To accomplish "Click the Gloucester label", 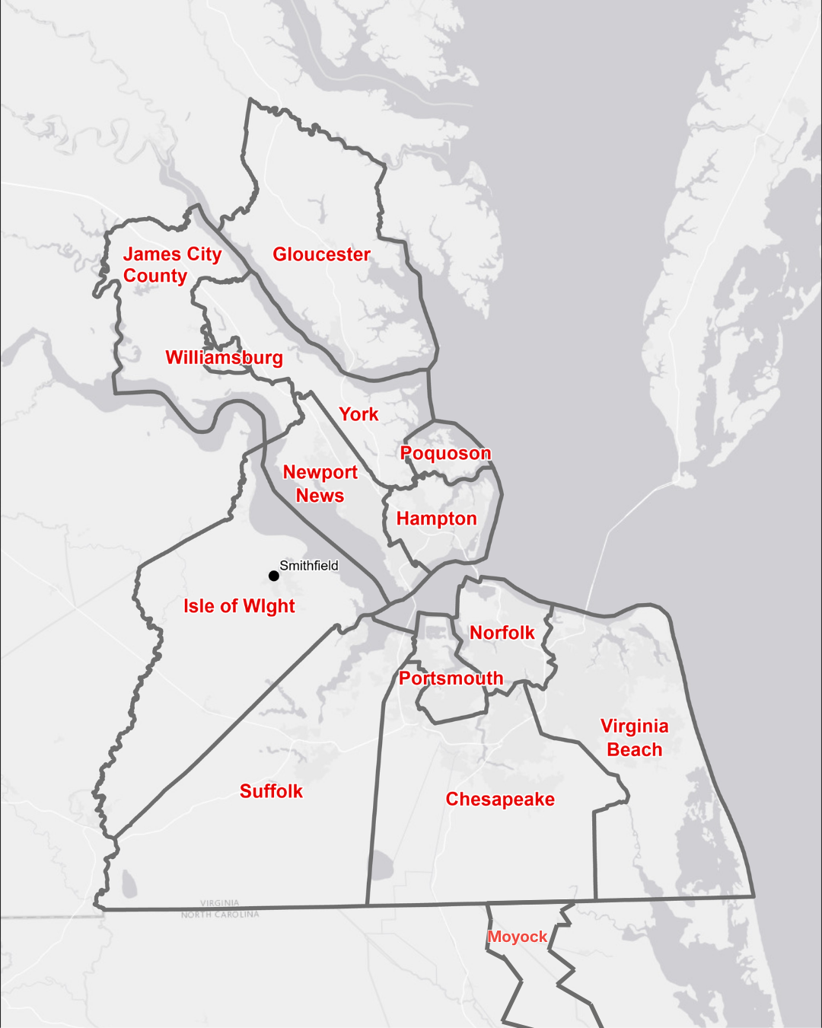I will [321, 254].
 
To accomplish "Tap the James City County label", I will [172, 264].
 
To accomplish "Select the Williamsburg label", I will [224, 357].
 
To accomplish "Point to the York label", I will [358, 414].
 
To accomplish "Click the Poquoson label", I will [445, 453].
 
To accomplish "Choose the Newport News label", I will [320, 484].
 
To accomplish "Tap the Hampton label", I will [436, 519].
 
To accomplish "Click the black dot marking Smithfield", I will [274, 576].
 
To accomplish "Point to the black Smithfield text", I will [308, 565].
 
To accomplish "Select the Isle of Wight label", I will [239, 606].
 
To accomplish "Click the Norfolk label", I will [502, 633].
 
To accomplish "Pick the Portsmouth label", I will [451, 678].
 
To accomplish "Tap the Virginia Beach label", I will [634, 737].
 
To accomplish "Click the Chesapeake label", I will [500, 799].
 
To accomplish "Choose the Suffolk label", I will [271, 791].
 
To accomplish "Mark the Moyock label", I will [518, 937].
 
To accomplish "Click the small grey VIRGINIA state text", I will [219, 903].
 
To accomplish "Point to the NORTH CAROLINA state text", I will [220, 915].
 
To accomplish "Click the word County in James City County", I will [155, 276].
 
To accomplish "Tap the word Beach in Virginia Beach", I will [634, 749].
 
